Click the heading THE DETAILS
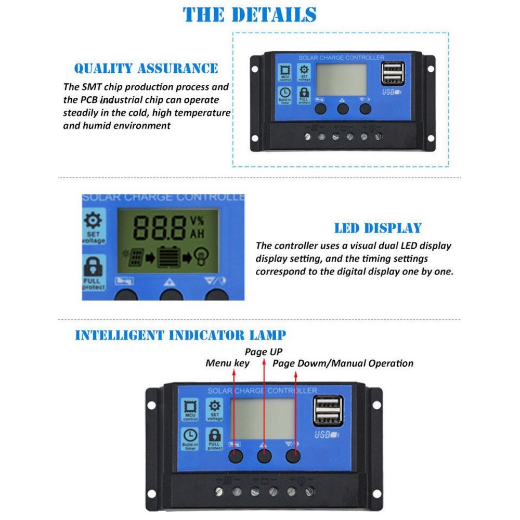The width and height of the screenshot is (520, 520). [250, 14]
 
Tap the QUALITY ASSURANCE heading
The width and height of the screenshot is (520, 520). [146, 69]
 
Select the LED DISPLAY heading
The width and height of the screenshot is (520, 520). [378, 228]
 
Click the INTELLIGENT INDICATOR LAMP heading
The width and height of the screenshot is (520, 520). [180, 335]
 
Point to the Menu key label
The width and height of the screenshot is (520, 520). [227, 363]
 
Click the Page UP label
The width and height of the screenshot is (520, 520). [264, 352]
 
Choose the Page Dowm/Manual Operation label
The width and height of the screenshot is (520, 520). [343, 363]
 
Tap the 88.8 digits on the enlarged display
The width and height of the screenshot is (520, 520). [160, 227]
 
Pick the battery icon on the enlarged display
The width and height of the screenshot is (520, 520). [168, 256]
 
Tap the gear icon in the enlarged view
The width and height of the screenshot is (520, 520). [93, 221]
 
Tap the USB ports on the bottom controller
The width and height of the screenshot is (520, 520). [328, 411]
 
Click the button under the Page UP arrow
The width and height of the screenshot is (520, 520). [265, 457]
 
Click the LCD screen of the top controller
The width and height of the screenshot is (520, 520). [342, 80]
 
